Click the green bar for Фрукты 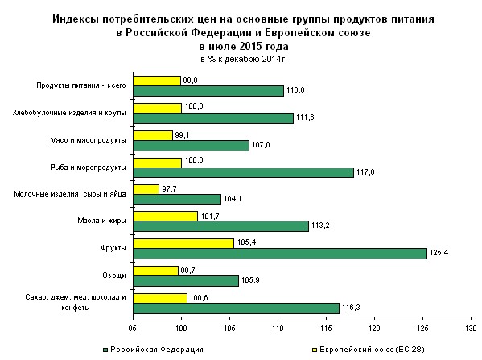280,254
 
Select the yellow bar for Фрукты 183,243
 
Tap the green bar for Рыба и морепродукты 244,172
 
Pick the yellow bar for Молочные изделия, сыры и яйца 146,189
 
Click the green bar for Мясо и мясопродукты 192,146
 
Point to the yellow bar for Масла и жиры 166,217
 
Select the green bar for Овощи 186,281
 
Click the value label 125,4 439,253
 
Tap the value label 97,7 169,189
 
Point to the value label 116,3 351,308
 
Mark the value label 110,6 295,90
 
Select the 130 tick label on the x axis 471,329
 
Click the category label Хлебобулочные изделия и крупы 69,113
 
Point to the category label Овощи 114,275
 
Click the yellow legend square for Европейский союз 315,350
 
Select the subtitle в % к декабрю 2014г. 244,59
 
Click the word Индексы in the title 75,19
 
